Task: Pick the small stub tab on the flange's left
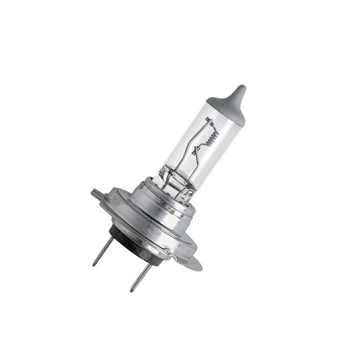(96, 195)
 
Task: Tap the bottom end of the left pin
(95, 263)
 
